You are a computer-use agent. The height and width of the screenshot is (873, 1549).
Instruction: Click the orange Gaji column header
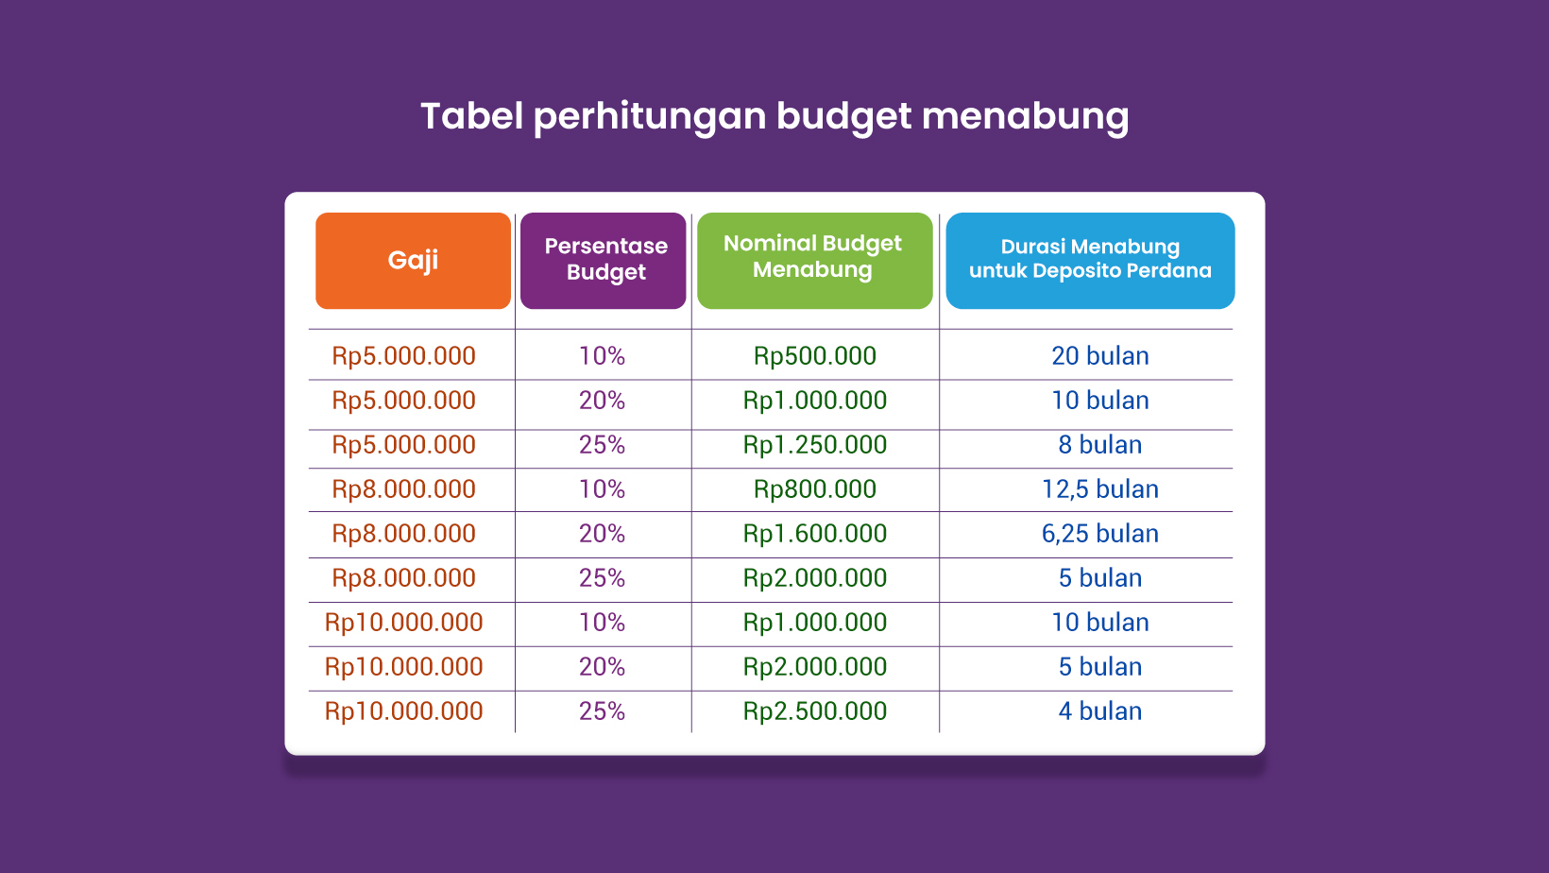tap(413, 261)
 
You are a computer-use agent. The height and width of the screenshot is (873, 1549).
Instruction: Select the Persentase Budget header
tap(603, 261)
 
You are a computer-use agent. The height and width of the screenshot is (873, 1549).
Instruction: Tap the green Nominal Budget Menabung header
tap(814, 261)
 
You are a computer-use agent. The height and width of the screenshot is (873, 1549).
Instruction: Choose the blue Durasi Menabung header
tap(1090, 261)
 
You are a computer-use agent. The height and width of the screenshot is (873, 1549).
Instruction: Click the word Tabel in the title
tap(471, 115)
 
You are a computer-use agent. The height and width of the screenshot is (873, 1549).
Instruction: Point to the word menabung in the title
tap(1026, 117)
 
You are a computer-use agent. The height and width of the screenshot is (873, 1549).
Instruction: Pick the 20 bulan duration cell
tap(1100, 355)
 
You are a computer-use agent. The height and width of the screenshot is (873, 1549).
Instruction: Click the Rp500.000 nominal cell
tap(814, 356)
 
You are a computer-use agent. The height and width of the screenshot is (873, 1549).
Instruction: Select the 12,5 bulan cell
tap(1100, 489)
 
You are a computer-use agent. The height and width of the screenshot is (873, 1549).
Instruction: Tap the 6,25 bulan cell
tap(1100, 534)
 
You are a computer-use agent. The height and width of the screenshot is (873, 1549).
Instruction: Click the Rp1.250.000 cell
tap(814, 445)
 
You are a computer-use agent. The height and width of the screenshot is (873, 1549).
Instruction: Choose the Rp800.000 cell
tap(814, 489)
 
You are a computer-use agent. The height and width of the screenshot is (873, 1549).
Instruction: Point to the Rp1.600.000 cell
tap(814, 534)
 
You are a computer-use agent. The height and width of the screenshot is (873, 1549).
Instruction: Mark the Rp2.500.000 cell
tap(814, 711)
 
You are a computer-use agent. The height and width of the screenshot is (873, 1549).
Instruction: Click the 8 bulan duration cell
tap(1100, 445)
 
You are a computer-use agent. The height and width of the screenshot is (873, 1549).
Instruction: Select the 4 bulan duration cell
tap(1100, 711)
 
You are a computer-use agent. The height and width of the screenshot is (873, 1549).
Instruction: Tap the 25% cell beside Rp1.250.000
tap(602, 445)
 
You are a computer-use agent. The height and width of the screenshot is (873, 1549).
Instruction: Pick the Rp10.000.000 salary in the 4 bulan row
tap(404, 711)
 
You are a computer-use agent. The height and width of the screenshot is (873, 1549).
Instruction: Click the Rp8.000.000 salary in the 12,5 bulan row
tap(404, 489)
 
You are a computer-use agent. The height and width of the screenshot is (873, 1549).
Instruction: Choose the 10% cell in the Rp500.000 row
tap(602, 355)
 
